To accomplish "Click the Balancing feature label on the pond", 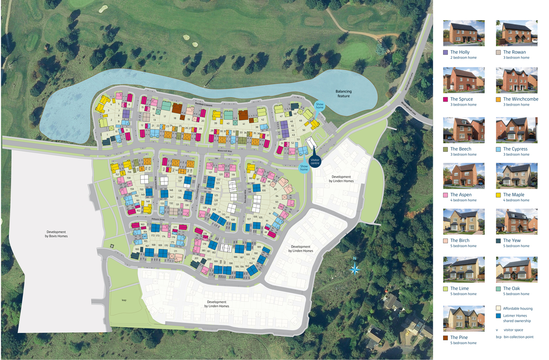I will tap(343, 94).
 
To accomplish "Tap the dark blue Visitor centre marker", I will tap(315, 161).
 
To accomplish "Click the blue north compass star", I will tap(355, 269).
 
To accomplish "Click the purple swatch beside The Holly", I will tap(446, 52).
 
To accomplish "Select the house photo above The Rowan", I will tap(516, 33).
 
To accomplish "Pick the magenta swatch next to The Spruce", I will tap(446, 99).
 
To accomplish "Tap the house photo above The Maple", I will tap(516, 176).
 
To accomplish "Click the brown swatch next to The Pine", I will tap(446, 338).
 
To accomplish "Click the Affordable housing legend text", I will tap(518, 308).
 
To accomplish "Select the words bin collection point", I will tap(518, 337).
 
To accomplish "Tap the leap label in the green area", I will tap(124, 300).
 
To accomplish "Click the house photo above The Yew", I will tap(516, 221).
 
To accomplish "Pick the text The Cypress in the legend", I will tap(515, 149).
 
